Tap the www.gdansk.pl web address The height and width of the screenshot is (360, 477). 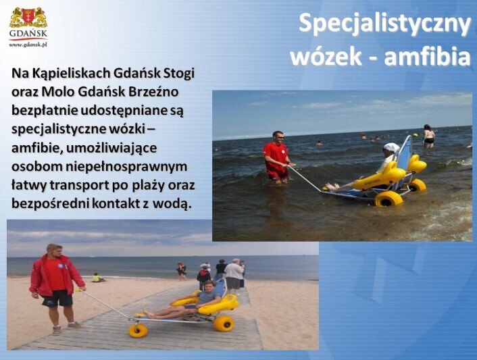pos(28,45)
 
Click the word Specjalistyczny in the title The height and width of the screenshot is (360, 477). pos(384,24)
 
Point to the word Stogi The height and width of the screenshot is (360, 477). pos(179,74)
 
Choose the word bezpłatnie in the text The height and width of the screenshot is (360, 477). pos(45,111)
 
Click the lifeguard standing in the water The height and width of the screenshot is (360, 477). pos(276,157)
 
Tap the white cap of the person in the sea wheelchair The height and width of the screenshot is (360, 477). pos(391,147)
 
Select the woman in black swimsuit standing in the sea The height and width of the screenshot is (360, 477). pos(429,136)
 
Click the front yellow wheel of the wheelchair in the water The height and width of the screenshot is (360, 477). pos(388,199)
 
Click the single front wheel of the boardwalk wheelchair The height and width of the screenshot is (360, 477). pos(138,330)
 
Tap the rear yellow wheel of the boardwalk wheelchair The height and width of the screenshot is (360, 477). pos(224,324)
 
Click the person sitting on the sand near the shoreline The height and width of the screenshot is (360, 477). pos(97,278)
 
